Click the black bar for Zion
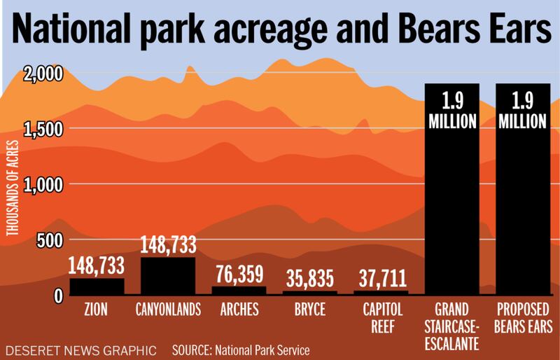coord(97,286)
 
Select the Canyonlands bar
coord(168,275)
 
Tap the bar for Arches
coord(239,290)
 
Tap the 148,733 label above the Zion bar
coord(97,265)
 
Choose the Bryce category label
coord(310,308)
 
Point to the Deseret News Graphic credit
coord(78,348)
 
